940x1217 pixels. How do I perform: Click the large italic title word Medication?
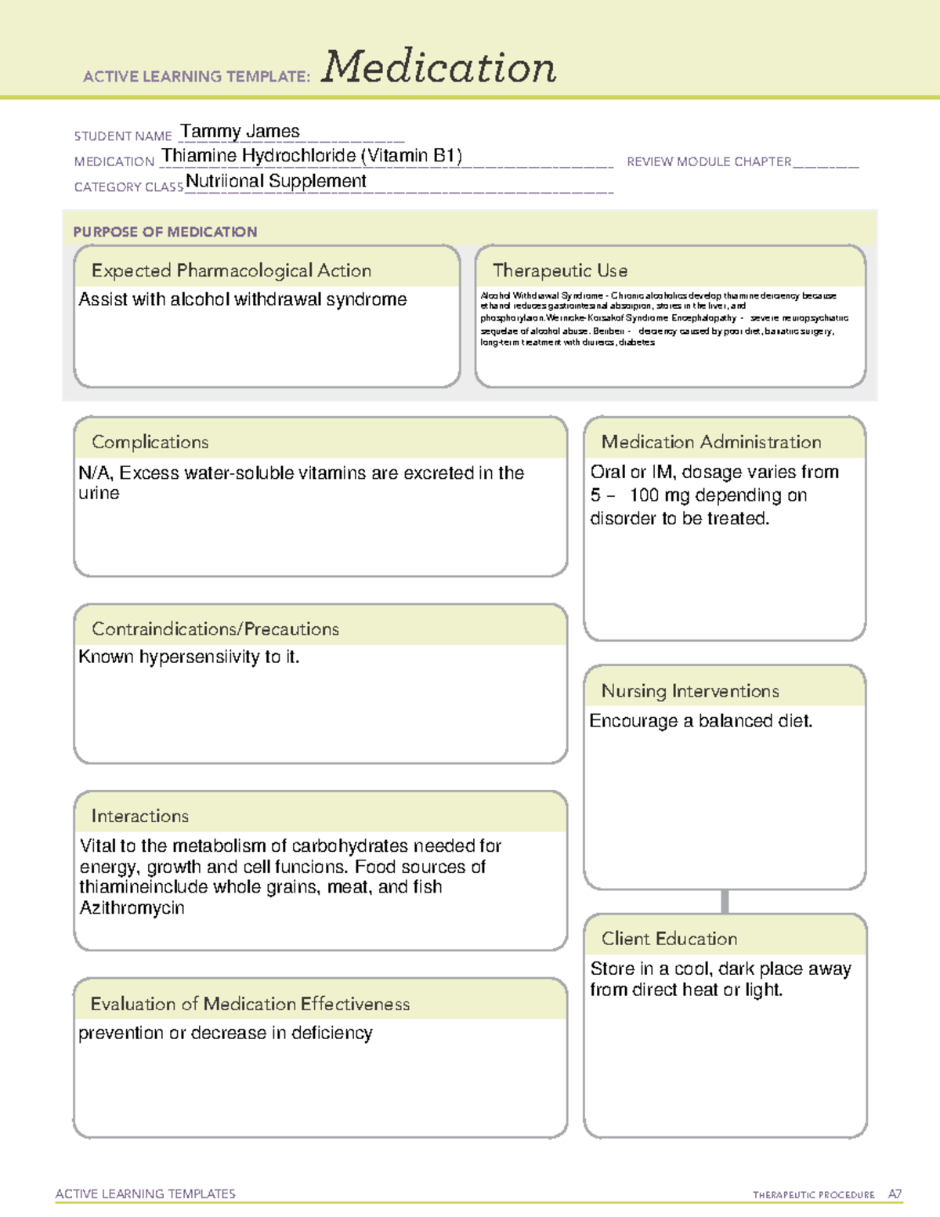pos(439,67)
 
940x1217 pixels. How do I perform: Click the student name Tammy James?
pos(240,132)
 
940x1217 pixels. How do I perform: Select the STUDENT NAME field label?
pos(123,136)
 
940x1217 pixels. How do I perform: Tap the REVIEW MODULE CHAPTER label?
pos(709,161)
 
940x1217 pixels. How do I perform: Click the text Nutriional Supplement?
pos(276,181)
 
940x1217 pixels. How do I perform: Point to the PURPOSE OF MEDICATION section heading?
pos(165,232)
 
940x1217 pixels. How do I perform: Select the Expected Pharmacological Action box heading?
pos(231,270)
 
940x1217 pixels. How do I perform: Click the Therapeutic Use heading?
pos(560,270)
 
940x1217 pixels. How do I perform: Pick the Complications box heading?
pos(150,442)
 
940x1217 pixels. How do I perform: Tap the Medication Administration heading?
pos(711,442)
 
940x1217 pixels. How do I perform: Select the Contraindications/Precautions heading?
pos(215,628)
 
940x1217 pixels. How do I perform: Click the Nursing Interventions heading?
pos(690,690)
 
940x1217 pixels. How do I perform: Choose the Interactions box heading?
pos(140,816)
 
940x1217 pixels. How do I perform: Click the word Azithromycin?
pos(132,908)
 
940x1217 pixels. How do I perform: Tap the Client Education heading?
pos(669,939)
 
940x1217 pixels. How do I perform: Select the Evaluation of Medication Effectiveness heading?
pos(250,1004)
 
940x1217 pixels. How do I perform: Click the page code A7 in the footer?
pos(895,1194)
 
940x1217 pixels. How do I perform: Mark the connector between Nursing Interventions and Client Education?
pos(725,901)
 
